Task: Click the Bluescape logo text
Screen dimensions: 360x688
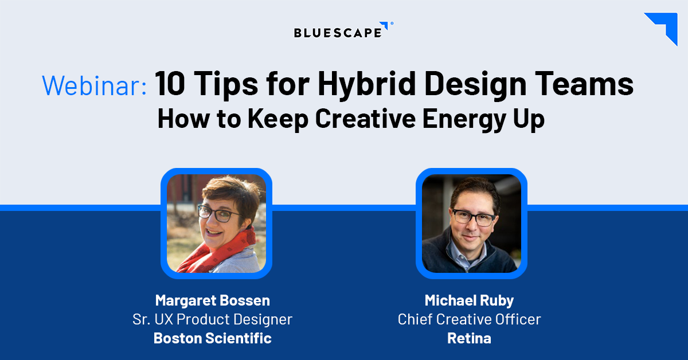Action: pyautogui.click(x=337, y=32)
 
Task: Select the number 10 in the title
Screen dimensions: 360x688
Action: pyautogui.click(x=173, y=84)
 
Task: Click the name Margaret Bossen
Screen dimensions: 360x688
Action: pyautogui.click(x=212, y=300)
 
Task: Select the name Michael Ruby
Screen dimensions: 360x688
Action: pyautogui.click(x=469, y=300)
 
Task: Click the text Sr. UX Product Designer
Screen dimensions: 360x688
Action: pyautogui.click(x=212, y=319)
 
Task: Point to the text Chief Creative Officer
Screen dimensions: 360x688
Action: pyautogui.click(x=469, y=319)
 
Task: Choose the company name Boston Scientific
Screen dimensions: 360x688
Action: pyautogui.click(x=212, y=338)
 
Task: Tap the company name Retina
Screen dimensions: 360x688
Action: pyautogui.click(x=469, y=338)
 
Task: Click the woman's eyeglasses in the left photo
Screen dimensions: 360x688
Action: pyautogui.click(x=218, y=214)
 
